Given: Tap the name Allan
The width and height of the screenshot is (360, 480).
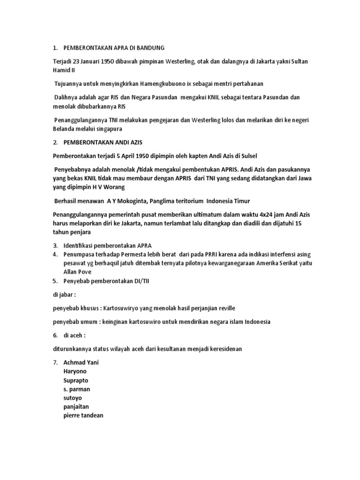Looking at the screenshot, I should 72,272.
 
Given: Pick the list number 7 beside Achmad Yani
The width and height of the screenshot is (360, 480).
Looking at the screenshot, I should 55,363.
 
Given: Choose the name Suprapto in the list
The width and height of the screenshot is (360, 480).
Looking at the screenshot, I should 75,380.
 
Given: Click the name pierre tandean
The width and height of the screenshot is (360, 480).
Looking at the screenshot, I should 83,415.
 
